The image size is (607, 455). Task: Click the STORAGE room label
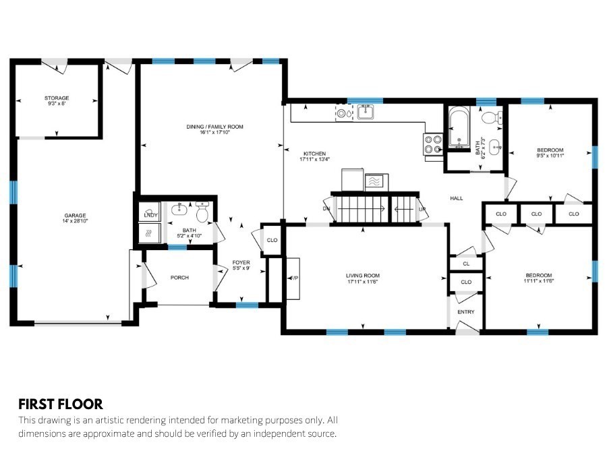point(57,98)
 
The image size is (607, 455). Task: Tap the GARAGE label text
point(75,216)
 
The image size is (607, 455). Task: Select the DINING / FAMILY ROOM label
point(215,127)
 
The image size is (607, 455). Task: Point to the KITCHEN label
point(314,154)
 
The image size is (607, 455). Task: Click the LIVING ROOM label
point(363,276)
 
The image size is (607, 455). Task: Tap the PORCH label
point(179,278)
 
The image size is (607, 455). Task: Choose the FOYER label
point(241,262)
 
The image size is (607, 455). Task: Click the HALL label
point(457,198)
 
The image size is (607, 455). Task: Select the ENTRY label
point(465,312)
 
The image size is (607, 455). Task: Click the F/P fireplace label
point(294,278)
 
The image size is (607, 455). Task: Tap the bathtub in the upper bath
point(459,127)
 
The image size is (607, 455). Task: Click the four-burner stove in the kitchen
point(433,144)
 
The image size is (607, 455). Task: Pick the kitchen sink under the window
point(366,112)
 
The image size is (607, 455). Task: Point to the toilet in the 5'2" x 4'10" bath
point(202,211)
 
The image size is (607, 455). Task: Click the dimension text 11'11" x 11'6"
point(539,281)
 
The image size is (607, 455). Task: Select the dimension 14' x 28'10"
point(75,221)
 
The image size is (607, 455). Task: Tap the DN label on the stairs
point(326,208)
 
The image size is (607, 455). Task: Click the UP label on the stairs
point(422,210)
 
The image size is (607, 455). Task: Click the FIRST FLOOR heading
point(61,404)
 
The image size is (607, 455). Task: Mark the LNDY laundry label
point(150,215)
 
